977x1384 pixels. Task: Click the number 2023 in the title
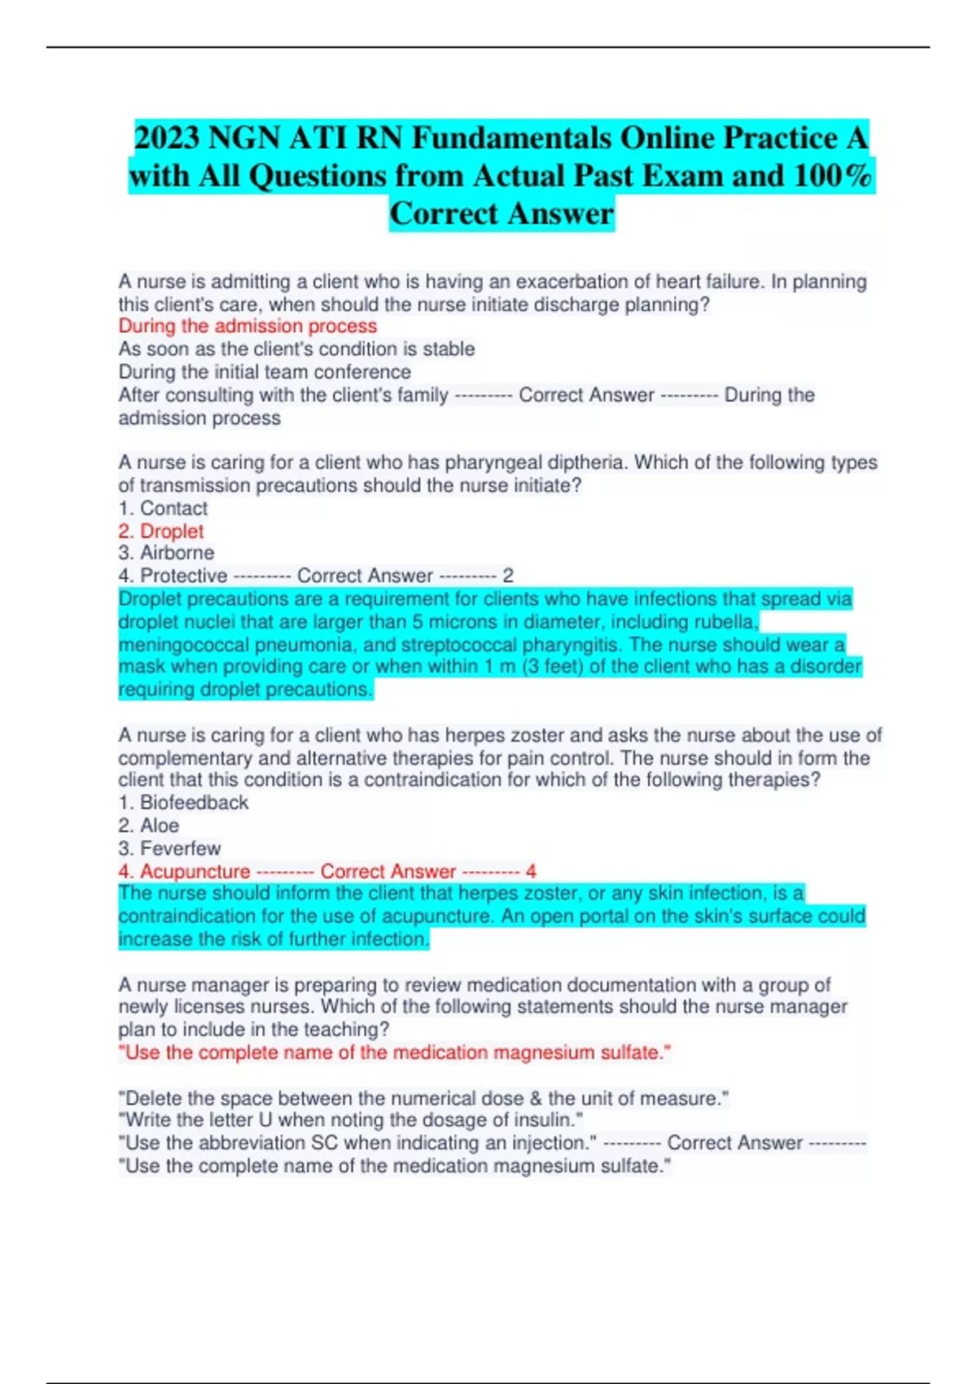(x=167, y=138)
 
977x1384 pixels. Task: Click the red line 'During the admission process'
(x=248, y=326)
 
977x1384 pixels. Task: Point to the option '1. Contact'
(x=163, y=509)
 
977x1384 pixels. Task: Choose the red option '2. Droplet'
(x=161, y=532)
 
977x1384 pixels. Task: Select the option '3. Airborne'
(x=166, y=553)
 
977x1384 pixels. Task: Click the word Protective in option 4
(x=184, y=576)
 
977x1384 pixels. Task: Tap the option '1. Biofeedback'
(x=183, y=803)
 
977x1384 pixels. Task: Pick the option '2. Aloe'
(x=149, y=826)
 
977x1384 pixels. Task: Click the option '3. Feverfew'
(x=169, y=848)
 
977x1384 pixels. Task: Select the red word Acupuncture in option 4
(x=195, y=872)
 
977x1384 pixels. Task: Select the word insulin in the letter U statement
(x=543, y=1121)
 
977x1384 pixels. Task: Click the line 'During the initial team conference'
(x=265, y=373)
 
